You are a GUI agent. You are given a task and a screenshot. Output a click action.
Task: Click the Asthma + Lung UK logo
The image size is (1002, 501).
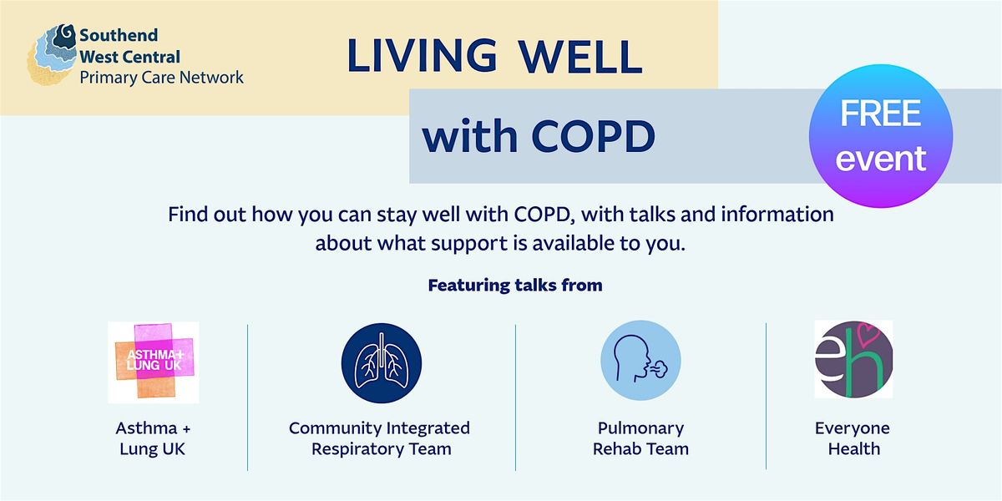[x=154, y=362]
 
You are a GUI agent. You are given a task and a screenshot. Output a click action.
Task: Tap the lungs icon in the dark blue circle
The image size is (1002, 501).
[x=381, y=362]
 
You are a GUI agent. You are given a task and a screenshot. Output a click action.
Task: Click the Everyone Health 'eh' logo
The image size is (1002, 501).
[x=853, y=359]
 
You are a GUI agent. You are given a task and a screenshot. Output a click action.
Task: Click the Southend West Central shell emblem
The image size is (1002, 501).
[x=52, y=54]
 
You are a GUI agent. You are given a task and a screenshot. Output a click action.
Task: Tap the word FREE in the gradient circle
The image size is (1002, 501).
[x=880, y=114]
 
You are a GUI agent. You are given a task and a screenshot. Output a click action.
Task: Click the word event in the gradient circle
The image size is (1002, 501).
[x=880, y=159]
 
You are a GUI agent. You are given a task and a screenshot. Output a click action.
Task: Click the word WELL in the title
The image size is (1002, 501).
[x=580, y=57]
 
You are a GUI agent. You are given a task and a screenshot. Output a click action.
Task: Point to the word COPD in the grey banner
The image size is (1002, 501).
[x=594, y=136]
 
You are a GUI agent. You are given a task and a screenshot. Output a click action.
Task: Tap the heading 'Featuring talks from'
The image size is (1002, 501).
[x=515, y=285]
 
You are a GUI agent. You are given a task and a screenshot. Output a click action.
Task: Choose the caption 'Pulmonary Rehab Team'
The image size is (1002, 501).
[x=640, y=438]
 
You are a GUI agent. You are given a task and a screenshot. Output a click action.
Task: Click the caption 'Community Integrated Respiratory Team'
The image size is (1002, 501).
[x=380, y=438]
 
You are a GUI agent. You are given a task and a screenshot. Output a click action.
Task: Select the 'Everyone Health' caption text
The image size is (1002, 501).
[x=853, y=438]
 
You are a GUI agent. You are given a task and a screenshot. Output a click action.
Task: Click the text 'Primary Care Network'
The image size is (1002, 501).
[x=161, y=78]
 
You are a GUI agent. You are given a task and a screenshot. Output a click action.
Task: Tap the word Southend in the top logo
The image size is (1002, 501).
[x=119, y=35]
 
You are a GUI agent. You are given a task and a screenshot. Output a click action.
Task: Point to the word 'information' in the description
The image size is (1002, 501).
[x=777, y=215]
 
